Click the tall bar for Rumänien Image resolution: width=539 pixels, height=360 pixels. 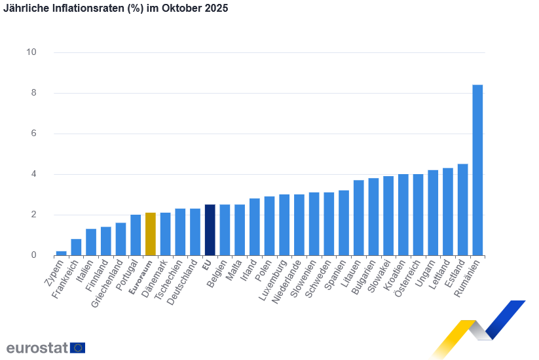[478, 170]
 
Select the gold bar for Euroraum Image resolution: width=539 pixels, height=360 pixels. [150, 234]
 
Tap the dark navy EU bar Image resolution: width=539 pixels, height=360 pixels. [210, 230]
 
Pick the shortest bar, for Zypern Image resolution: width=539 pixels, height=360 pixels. [61, 253]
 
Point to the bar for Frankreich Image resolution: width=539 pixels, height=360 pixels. [76, 247]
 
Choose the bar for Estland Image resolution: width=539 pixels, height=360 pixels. [462, 209]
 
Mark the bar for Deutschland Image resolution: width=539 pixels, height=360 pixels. [195, 232]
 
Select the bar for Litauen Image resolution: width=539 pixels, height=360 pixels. [358, 217]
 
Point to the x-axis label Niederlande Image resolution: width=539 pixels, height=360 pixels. [289, 283]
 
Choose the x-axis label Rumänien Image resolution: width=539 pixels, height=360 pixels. [468, 279]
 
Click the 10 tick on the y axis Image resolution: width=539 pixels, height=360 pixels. [31, 52]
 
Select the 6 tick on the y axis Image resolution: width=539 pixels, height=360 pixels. [33, 134]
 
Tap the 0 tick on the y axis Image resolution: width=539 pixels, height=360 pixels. [33, 255]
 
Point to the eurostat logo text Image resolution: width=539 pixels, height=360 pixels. [37, 348]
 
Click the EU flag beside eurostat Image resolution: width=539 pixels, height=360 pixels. [77, 348]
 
